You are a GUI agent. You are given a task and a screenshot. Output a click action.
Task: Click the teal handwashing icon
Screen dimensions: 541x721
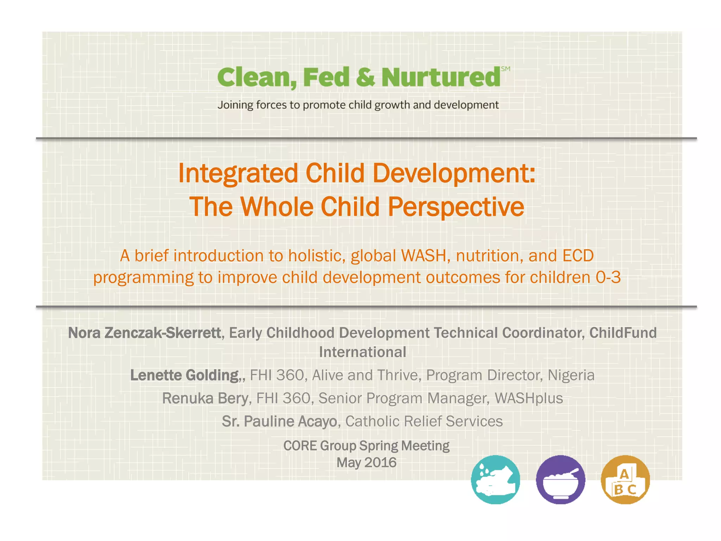495,479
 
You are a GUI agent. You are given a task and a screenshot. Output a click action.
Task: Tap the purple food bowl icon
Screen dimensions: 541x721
560,479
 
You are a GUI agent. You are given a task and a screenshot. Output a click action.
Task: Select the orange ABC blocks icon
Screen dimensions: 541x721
625,479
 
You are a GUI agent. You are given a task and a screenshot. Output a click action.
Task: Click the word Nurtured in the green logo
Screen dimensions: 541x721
441,77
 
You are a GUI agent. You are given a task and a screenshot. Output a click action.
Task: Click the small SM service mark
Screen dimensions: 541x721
506,69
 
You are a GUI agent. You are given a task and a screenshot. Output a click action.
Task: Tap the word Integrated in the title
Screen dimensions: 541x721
238,174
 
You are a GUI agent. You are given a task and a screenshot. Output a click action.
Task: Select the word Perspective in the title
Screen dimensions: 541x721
456,207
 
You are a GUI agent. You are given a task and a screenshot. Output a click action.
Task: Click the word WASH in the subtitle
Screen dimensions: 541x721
424,256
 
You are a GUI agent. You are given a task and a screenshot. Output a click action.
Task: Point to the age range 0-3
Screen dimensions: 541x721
608,278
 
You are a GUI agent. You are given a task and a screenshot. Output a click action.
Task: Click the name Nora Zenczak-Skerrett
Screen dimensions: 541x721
144,333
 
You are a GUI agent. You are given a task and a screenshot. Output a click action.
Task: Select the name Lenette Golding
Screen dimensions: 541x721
185,375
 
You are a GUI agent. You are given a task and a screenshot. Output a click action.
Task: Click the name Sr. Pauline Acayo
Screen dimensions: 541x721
280,421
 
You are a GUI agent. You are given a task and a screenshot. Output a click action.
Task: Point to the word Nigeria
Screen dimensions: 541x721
571,375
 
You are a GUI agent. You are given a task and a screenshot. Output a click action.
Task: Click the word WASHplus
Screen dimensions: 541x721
529,398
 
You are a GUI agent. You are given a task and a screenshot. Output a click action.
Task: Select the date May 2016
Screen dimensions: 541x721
366,462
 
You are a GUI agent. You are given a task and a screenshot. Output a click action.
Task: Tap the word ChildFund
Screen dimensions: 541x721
623,333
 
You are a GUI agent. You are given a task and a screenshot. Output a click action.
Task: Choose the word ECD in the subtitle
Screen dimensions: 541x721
578,256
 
